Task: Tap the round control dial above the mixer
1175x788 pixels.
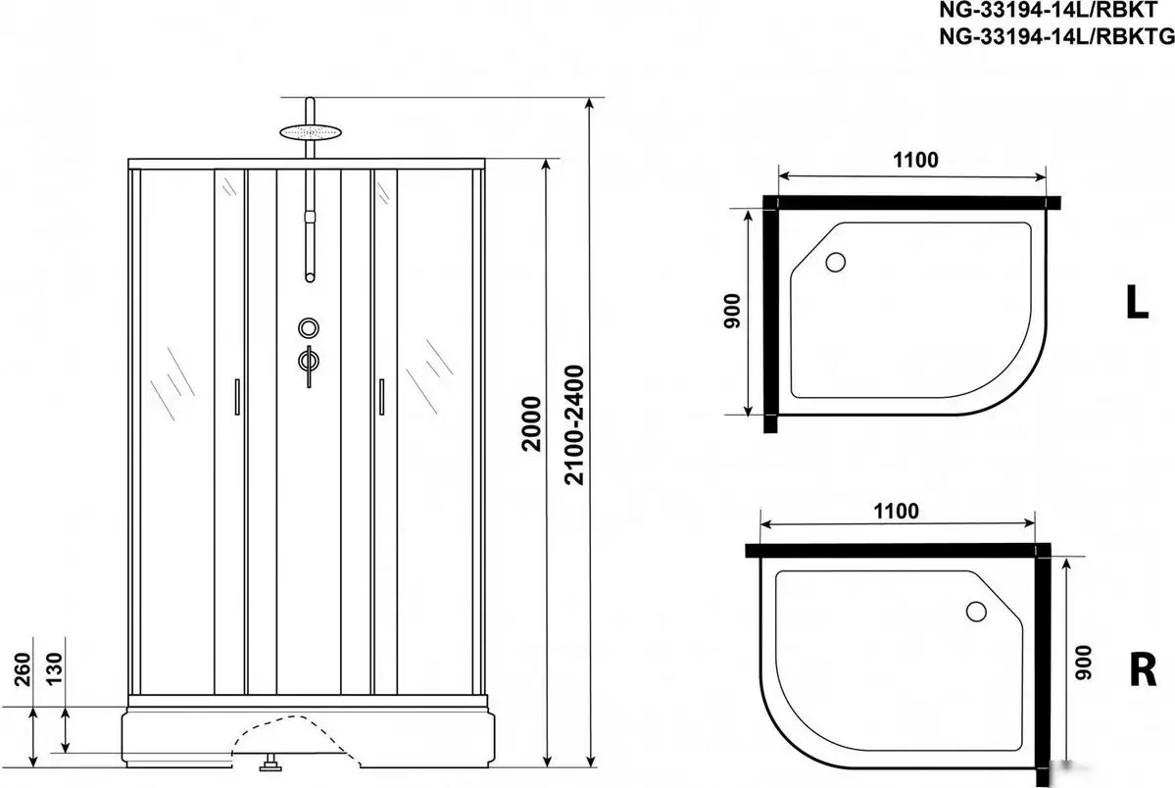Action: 310,327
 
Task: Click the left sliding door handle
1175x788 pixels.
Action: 236,398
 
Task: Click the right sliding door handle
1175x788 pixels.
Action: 380,398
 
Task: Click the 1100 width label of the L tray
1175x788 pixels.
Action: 915,160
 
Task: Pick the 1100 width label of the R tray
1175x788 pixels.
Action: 894,510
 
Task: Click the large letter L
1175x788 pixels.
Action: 1137,304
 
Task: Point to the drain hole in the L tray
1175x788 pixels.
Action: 836,262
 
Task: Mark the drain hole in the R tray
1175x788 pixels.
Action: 976,612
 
